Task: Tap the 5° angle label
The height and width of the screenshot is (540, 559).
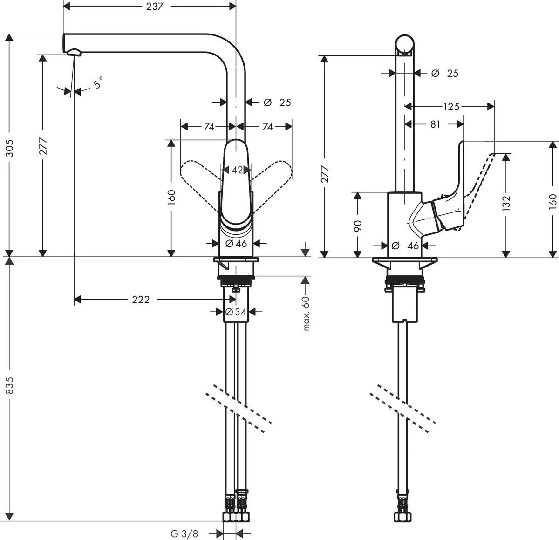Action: point(97,84)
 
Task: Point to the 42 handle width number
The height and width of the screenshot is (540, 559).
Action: point(237,171)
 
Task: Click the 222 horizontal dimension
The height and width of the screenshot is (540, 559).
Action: point(141,300)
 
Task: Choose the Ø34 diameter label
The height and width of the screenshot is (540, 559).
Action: point(236,312)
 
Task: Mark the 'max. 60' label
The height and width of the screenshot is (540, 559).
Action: point(306,313)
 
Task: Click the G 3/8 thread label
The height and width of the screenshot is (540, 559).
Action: point(184,533)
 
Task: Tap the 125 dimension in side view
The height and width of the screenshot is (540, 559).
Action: point(450,107)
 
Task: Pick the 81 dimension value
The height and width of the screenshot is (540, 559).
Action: point(435,124)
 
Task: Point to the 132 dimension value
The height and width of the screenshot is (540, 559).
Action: point(506,202)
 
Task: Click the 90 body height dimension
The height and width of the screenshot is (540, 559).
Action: point(358,226)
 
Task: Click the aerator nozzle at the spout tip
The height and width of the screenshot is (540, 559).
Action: point(75,52)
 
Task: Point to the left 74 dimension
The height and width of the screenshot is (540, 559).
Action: point(209,127)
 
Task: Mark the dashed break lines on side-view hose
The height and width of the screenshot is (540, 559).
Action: point(403,403)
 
